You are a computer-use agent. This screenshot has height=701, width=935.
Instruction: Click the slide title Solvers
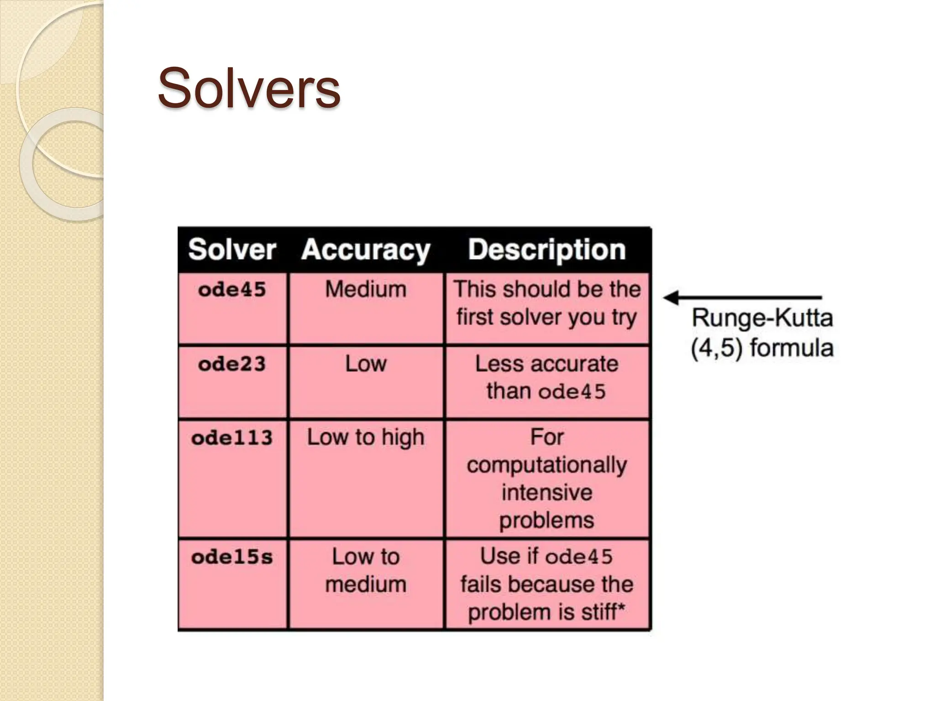(249, 88)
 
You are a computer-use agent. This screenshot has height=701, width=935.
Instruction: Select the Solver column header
(232, 250)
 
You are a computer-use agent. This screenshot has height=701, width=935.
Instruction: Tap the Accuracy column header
(366, 250)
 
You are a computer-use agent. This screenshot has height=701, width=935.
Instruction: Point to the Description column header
(546, 250)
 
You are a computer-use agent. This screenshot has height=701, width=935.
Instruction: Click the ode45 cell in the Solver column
(232, 290)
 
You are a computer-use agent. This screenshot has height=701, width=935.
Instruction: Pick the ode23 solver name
(232, 364)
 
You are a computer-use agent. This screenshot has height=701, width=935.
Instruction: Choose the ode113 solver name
(232, 438)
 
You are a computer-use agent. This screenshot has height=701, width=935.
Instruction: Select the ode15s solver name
(232, 557)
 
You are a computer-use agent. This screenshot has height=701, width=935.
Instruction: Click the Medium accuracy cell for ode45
(366, 289)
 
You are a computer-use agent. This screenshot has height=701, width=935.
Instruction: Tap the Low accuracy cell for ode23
(366, 364)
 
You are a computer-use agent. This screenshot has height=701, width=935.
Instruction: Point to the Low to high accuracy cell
(366, 437)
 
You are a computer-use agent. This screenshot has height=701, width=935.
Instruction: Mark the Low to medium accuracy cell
(366, 570)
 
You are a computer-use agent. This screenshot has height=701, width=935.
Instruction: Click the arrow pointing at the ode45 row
(742, 298)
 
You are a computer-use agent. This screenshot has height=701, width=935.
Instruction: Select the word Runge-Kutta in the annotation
(762, 318)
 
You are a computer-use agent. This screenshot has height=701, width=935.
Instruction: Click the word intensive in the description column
(546, 493)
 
